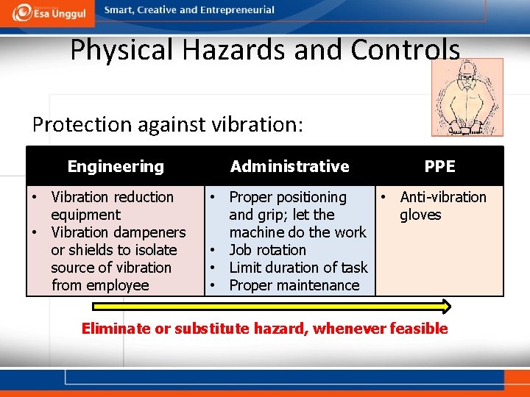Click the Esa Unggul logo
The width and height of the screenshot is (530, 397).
(48, 12)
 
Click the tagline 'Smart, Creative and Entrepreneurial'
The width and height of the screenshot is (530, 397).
(189, 10)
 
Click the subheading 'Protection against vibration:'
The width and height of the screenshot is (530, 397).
(167, 124)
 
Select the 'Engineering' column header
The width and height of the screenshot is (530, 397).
(116, 166)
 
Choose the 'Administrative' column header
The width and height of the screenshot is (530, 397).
(289, 166)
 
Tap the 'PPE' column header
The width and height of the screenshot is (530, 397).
(439, 166)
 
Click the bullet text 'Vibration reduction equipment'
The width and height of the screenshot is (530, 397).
(112, 206)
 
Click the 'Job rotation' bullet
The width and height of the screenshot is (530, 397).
(267, 250)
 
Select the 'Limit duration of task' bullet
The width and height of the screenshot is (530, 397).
(298, 268)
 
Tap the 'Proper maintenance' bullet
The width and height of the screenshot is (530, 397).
(294, 285)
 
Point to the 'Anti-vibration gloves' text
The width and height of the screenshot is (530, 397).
(442, 206)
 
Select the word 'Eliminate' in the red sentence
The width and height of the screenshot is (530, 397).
(116, 329)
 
